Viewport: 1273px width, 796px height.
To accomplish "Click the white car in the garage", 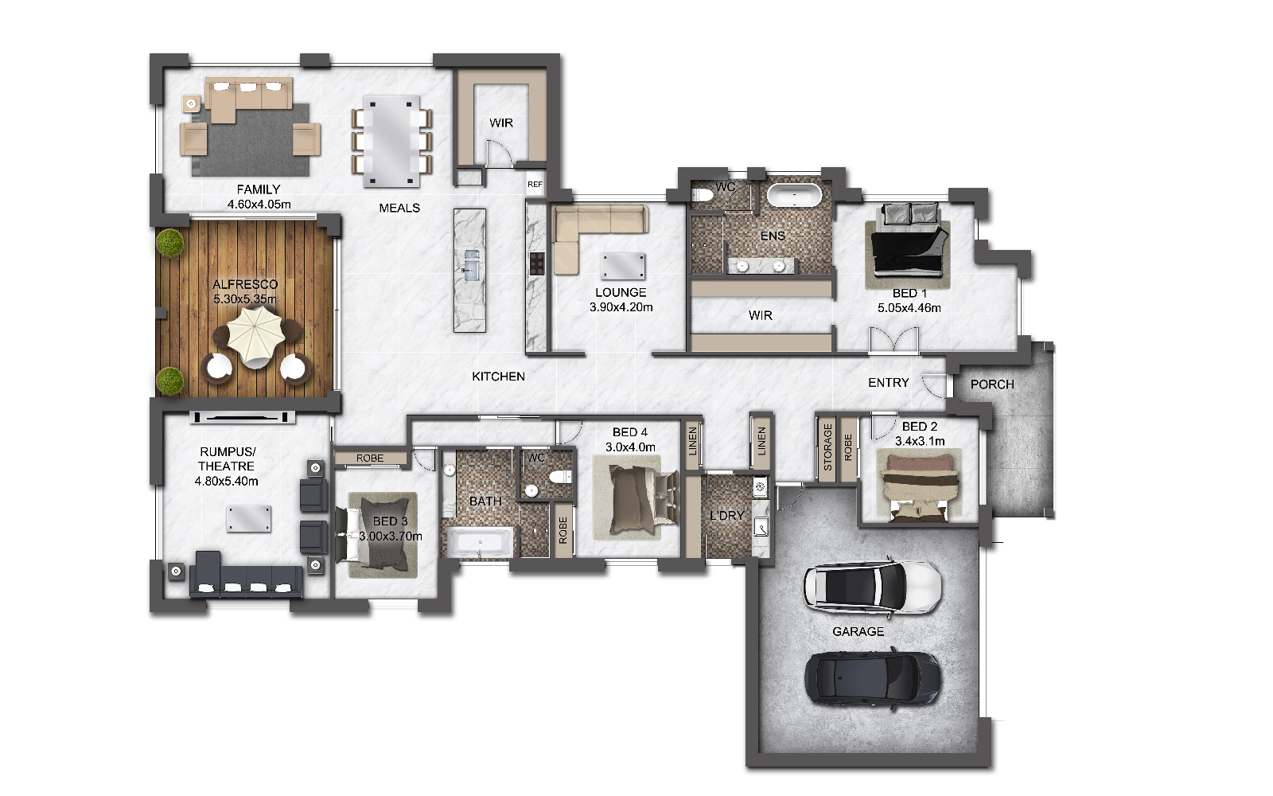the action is tap(872, 587).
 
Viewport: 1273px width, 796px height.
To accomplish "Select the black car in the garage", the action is tap(872, 679).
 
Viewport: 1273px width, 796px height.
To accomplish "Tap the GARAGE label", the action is tap(858, 632).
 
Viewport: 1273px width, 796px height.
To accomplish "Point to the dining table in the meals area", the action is tap(391, 141).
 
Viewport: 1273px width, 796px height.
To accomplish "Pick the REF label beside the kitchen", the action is tap(535, 184).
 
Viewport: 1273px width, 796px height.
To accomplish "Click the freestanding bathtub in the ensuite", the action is tap(795, 196).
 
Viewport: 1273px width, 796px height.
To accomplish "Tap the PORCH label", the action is tap(992, 384).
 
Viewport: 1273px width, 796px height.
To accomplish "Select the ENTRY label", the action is tap(888, 383).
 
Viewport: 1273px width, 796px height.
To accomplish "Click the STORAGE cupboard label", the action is tap(827, 447).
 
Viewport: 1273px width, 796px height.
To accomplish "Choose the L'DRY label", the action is tap(727, 516).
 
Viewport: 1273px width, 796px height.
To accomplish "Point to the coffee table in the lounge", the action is tap(624, 266).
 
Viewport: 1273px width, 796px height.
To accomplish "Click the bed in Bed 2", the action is tap(920, 485).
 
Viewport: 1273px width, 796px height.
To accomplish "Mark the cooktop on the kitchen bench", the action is tap(537, 263).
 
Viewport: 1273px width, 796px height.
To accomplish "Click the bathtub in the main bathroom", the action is tap(481, 542).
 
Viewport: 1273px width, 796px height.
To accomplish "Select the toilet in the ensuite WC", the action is tap(703, 195).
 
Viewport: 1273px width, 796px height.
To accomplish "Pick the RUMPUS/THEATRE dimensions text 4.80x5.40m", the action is tap(226, 481).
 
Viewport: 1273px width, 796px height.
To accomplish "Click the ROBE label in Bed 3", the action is tap(370, 458).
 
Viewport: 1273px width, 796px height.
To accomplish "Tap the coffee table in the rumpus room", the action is tap(249, 518).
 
